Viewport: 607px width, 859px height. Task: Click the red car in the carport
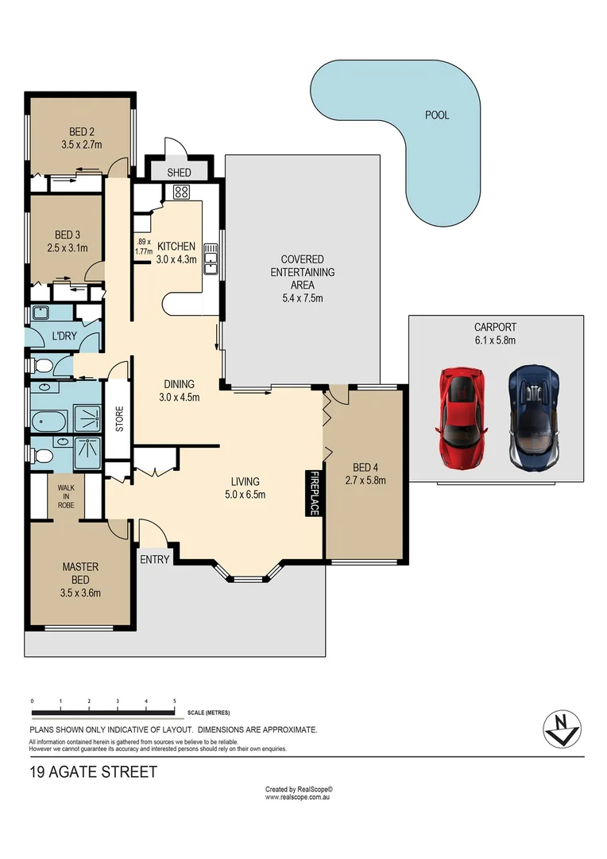pos(461,416)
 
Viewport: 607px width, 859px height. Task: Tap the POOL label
pos(437,115)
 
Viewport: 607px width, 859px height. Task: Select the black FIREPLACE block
pos(314,493)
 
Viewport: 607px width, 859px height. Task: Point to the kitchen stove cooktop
pos(180,191)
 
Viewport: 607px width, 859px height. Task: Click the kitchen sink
pos(211,258)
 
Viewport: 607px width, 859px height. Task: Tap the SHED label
pos(180,173)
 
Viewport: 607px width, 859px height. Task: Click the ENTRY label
pos(155,559)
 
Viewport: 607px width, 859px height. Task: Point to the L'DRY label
pos(64,336)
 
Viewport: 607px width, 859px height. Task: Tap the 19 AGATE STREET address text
pos(93,772)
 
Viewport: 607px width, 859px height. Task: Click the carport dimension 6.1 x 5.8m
pos(495,340)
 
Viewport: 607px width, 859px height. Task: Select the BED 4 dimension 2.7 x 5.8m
pos(365,480)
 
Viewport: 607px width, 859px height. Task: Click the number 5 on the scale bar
pos(174,701)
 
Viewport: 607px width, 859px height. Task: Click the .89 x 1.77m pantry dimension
pos(144,247)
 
